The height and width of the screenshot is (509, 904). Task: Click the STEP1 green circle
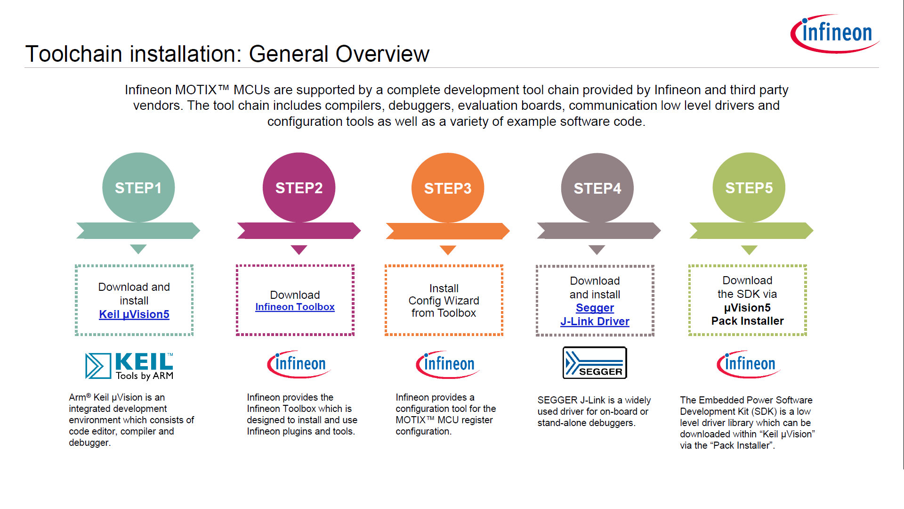(138, 188)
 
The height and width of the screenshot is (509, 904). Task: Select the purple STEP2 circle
(299, 188)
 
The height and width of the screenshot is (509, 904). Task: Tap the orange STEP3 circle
(448, 188)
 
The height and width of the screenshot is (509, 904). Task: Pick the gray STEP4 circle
(597, 188)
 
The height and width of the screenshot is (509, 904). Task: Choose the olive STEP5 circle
(749, 188)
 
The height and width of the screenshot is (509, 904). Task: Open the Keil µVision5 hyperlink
(134, 314)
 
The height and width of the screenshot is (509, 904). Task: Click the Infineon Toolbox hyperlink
(295, 307)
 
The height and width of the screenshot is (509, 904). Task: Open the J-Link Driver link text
(595, 321)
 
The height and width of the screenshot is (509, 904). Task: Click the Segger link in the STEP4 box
(595, 308)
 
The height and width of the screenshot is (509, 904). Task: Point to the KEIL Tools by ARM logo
(129, 366)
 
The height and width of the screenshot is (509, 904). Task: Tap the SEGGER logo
(595, 363)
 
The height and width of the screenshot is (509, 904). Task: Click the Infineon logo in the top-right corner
(834, 33)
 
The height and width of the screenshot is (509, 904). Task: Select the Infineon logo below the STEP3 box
(447, 364)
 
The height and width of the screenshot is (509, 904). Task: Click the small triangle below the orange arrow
(448, 249)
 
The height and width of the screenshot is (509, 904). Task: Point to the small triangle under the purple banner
(299, 249)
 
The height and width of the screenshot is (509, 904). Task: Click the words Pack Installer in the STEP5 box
(747, 321)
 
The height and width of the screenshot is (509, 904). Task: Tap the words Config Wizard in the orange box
(444, 301)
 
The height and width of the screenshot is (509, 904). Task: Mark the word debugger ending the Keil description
(89, 443)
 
